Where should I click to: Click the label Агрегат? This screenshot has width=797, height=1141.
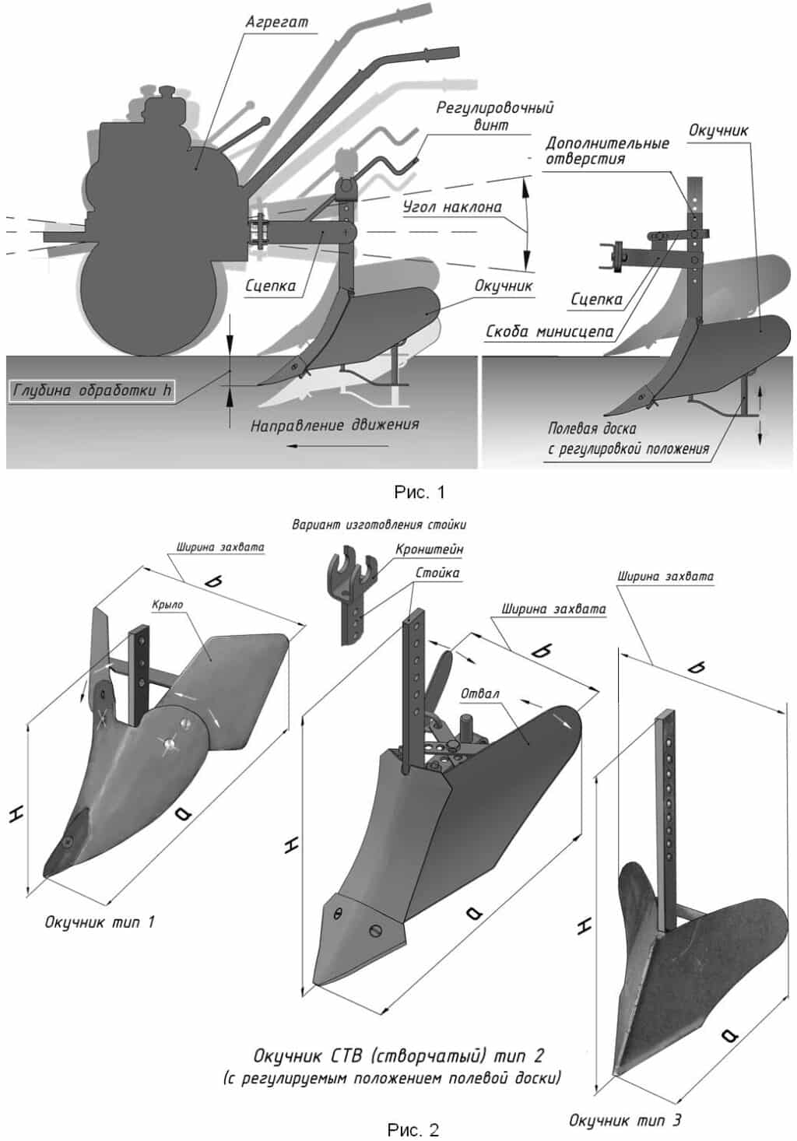pyautogui.click(x=276, y=22)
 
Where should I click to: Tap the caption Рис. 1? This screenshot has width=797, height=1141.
pyautogui.click(x=419, y=492)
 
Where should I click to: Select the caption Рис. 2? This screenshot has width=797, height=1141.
pyautogui.click(x=413, y=1129)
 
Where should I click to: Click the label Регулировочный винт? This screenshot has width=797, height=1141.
pyautogui.click(x=494, y=115)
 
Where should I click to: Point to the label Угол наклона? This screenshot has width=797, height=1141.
pyautogui.click(x=452, y=207)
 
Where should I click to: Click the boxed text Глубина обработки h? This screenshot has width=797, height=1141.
pyautogui.click(x=91, y=391)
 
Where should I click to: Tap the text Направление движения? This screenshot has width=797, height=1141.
pyautogui.click(x=335, y=425)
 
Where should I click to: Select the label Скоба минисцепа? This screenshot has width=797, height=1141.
pyautogui.click(x=549, y=332)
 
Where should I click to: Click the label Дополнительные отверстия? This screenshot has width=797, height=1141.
pyautogui.click(x=607, y=151)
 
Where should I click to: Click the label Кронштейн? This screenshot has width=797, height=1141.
pyautogui.click(x=429, y=549)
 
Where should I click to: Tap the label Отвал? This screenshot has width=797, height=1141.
pyautogui.click(x=480, y=693)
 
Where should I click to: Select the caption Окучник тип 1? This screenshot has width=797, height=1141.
pyautogui.click(x=100, y=922)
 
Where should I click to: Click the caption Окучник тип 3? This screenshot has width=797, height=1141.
pyautogui.click(x=625, y=1120)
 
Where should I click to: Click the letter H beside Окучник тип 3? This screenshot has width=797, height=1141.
pyautogui.click(x=585, y=925)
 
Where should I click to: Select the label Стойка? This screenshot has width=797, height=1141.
pyautogui.click(x=437, y=573)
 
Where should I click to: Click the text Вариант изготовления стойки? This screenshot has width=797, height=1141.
pyautogui.click(x=379, y=525)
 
